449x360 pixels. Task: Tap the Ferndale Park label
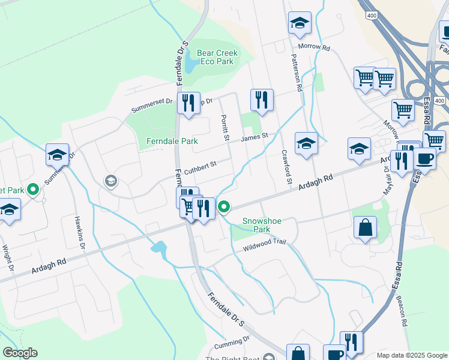172,142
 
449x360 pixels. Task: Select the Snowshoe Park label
261,225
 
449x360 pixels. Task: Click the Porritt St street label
225,128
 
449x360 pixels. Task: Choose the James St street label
254,138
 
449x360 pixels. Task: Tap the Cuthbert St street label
200,165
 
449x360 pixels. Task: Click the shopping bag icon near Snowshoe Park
365,228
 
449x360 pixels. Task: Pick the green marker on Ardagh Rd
224,208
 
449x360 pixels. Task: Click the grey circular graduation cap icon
110,181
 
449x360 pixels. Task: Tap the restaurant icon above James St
261,100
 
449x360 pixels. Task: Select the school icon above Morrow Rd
299,24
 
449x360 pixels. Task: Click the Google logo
20,353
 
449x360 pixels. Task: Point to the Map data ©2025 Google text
411,355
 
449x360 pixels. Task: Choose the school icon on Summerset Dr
58,155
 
